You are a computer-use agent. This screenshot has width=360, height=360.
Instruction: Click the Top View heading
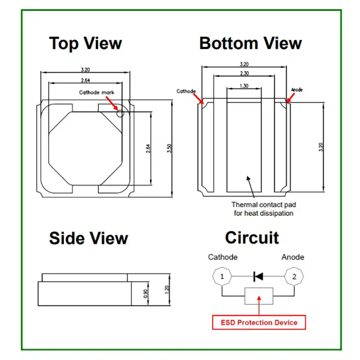85,44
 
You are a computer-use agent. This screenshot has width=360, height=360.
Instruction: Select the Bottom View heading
250,44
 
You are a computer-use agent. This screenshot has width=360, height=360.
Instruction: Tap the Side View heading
89,238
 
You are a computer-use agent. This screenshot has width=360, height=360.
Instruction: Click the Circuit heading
252,238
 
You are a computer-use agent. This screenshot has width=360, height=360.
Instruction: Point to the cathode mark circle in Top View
120,113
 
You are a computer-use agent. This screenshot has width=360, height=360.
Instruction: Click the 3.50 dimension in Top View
169,149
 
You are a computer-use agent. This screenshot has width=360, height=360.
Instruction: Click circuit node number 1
222,277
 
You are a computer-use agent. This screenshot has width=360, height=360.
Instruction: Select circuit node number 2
294,277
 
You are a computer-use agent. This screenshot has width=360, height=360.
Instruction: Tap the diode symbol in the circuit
258,276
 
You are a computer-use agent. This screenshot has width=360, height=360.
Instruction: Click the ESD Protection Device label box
259,322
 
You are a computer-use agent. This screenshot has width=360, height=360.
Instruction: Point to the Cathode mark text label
97,92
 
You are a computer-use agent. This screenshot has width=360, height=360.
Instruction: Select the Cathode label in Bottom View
186,91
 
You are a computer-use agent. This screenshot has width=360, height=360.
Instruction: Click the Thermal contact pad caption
263,209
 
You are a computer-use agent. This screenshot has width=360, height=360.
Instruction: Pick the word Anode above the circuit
292,257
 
